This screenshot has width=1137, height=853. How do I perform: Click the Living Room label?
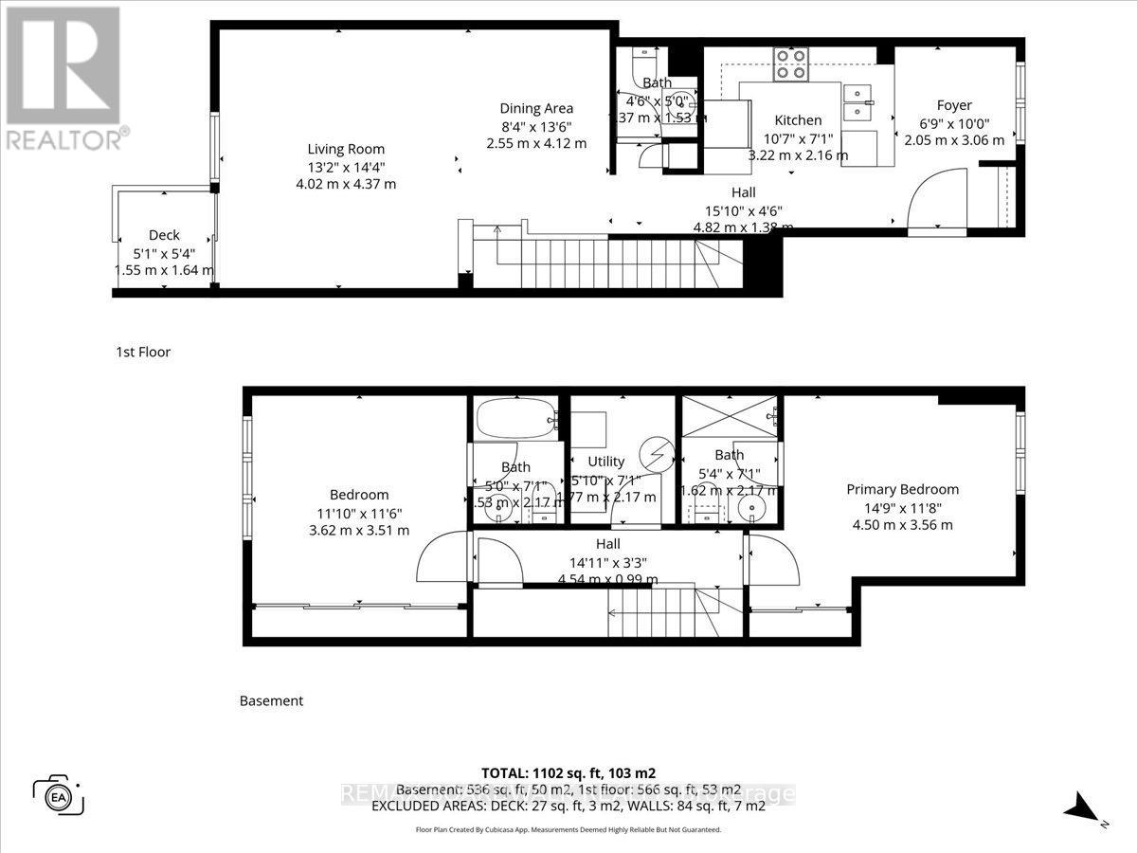pyautogui.click(x=346, y=149)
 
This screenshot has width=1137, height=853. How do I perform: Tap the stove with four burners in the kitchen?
pyautogui.click(x=790, y=64)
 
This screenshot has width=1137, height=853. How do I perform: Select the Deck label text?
pyautogui.click(x=164, y=236)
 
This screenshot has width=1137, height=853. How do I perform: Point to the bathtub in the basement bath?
pyautogui.click(x=513, y=420)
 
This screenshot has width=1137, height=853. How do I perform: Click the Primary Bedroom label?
pyautogui.click(x=902, y=490)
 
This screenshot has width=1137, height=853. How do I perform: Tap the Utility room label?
pyautogui.click(x=606, y=462)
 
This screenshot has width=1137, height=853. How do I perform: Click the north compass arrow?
pyautogui.click(x=1083, y=810)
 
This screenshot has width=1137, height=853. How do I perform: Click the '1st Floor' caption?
pyautogui.click(x=143, y=352)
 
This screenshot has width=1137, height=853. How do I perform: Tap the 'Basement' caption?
pyautogui.click(x=271, y=701)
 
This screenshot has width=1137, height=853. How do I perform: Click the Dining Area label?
pyautogui.click(x=536, y=109)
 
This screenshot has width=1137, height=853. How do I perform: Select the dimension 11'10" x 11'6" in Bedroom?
pyautogui.click(x=359, y=513)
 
